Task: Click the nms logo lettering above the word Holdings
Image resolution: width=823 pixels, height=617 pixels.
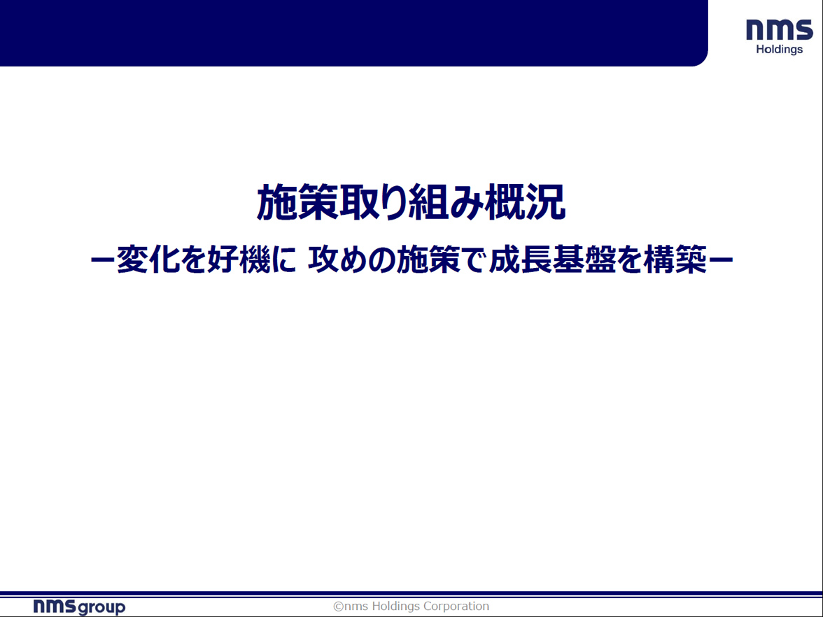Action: tap(780, 30)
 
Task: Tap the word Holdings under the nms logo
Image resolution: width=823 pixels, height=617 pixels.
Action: tap(780, 49)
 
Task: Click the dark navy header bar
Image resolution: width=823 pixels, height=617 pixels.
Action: tap(354, 33)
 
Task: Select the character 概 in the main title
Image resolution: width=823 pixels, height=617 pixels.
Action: tap(505, 202)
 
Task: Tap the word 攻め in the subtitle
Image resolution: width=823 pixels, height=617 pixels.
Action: tap(335, 260)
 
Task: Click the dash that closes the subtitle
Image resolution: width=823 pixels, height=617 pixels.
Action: tap(721, 260)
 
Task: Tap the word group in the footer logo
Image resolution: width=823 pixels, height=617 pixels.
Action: tap(101, 608)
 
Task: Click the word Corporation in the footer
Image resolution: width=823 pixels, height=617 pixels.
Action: tap(456, 607)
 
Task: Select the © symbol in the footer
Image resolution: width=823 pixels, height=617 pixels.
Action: tap(339, 607)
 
